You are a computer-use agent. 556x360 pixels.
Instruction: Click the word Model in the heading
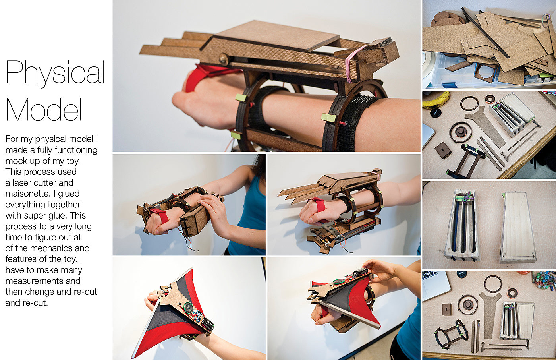tap(44, 109)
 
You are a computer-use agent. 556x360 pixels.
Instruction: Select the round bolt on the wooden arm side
tap(223, 59)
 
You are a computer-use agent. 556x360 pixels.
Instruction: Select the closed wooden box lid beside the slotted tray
tap(518, 227)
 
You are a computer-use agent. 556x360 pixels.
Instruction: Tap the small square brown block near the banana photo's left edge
tap(443, 150)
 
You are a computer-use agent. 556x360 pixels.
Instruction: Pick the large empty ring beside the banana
tap(469, 103)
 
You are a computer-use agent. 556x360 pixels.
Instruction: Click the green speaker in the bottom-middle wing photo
tap(338, 281)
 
